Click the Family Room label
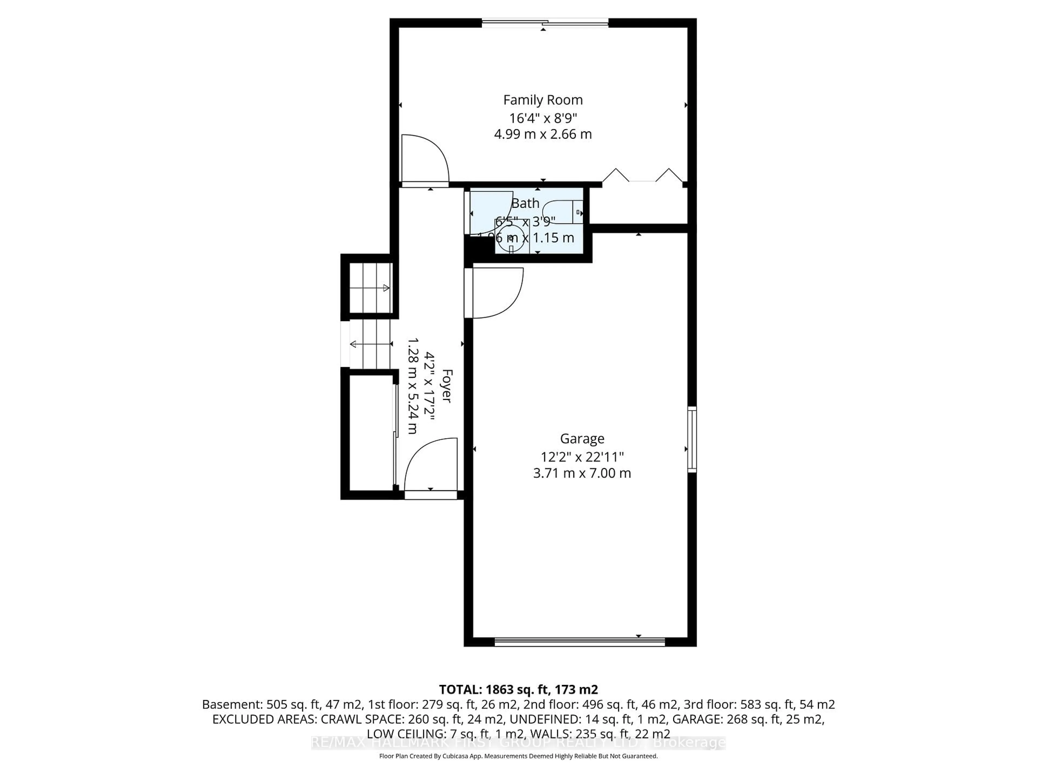543,100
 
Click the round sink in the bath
510,238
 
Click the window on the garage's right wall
692,439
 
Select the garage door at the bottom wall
580,642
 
